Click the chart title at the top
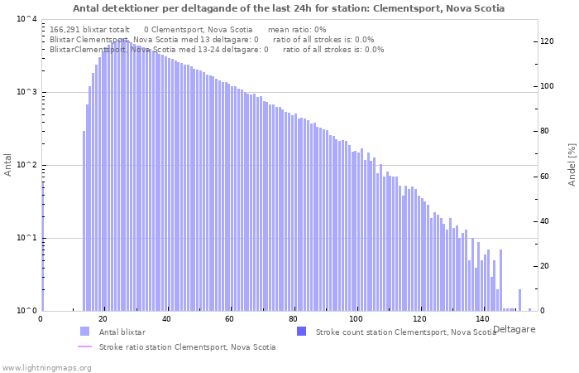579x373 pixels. click(x=289, y=8)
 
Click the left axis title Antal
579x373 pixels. click(x=7, y=165)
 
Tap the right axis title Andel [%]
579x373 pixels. click(x=572, y=165)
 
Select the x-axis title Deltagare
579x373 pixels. click(x=514, y=329)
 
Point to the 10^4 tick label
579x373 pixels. click(x=26, y=19)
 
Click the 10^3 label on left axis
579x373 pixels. click(x=26, y=92)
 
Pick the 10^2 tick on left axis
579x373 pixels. click(x=26, y=165)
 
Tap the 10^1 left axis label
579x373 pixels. click(x=26, y=238)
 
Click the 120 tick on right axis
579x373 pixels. click(x=547, y=41)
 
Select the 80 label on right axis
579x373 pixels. click(x=544, y=131)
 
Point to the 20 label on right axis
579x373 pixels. click(x=544, y=266)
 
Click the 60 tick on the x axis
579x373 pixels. click(x=229, y=318)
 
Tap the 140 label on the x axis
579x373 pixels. click(x=482, y=318)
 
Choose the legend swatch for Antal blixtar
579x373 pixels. click(x=84, y=332)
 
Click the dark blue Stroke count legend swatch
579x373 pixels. click(x=302, y=332)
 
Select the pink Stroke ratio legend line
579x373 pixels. click(x=84, y=346)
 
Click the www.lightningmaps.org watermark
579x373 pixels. click(x=46, y=368)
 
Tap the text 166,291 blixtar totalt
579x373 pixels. click(x=89, y=30)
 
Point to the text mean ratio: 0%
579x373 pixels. click(x=297, y=30)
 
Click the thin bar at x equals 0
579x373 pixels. click(x=43, y=246)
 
